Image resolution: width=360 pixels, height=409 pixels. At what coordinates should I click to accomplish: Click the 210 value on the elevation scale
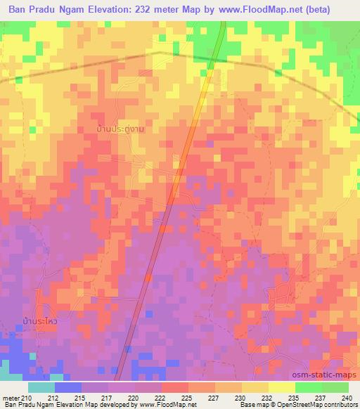click(x=27, y=397)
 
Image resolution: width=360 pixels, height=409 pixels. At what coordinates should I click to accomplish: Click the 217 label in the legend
click(x=104, y=397)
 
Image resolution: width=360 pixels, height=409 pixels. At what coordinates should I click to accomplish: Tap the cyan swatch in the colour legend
click(x=41, y=387)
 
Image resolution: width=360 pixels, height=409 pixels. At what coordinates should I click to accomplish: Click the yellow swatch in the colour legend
click(x=281, y=387)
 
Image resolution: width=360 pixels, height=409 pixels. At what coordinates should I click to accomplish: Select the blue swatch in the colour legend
click(x=67, y=387)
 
